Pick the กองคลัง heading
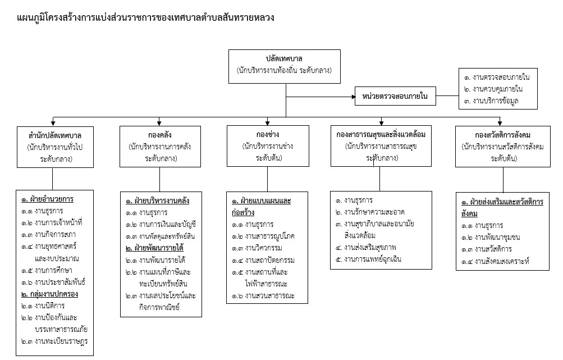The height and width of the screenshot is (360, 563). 160,136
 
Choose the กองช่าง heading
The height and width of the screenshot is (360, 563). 267,136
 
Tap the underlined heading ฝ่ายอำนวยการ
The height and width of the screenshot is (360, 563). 48,199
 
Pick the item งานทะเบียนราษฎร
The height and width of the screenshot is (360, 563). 55,341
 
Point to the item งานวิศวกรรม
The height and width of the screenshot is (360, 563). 261,248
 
